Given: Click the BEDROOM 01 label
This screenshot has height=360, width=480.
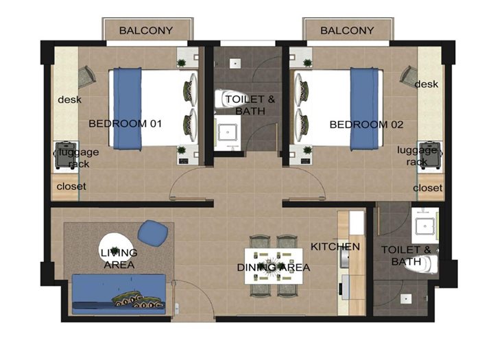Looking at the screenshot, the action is coord(125,123).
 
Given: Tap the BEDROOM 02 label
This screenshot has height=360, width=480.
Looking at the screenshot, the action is coord(366,125).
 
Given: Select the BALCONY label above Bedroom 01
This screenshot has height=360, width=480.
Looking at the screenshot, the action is coord(146,31).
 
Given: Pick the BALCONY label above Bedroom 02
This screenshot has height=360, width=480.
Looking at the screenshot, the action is coord(347,31).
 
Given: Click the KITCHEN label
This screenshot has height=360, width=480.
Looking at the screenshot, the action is coord(335,247).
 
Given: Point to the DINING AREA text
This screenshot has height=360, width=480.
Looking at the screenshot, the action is coord(274,267).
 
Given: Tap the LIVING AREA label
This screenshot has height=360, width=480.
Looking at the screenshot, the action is coord(119,259).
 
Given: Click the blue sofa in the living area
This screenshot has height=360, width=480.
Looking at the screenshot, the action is coord(119,294).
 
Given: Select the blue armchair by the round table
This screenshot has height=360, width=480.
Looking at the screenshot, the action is coord(153,233).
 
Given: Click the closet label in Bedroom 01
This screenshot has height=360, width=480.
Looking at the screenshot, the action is coord(71,187).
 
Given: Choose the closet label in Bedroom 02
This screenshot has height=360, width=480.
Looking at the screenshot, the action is coord(428,188).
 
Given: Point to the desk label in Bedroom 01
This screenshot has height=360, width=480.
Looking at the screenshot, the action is coord(69,99).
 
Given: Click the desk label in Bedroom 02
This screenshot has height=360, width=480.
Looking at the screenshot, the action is coord(427,84).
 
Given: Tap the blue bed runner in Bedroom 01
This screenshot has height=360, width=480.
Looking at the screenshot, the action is coord(128,109).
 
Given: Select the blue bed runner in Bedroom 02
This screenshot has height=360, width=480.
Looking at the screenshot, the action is coord(364,109).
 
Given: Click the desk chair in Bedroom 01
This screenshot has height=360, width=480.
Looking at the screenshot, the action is coord(87,77).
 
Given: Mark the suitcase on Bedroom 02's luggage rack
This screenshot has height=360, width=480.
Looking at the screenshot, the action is coord(430,155).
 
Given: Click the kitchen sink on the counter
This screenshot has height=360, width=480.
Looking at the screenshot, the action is coord(344,257).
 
